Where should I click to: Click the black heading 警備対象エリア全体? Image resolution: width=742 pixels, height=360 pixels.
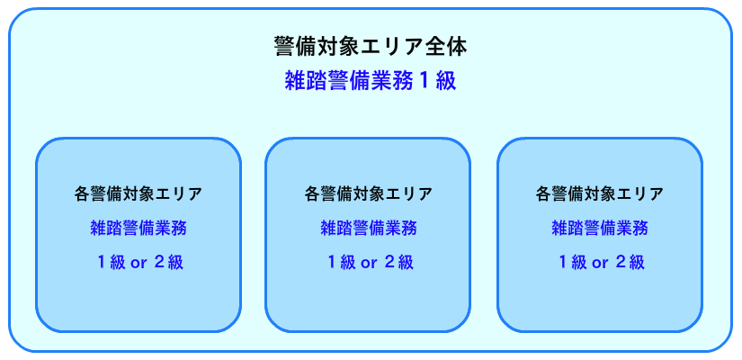(x=370, y=45)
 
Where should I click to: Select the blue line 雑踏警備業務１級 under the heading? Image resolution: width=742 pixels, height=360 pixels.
(x=370, y=80)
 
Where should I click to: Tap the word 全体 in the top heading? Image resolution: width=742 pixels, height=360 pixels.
(x=448, y=45)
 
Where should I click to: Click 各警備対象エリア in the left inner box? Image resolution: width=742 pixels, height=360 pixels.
(x=139, y=193)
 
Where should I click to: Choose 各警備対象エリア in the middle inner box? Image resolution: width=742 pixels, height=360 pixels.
(x=369, y=193)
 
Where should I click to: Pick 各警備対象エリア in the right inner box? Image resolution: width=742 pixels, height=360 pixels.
(x=600, y=193)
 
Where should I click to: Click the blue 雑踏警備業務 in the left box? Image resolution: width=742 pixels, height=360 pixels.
(x=139, y=228)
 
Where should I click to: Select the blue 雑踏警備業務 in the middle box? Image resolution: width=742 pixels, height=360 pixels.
(x=369, y=228)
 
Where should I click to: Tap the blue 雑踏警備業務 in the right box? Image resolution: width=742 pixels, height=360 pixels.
(x=600, y=228)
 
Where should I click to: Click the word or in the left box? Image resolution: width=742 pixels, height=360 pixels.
(x=139, y=263)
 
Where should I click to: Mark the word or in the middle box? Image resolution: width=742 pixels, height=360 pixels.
(x=369, y=263)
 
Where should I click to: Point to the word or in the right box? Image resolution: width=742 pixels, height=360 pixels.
(x=600, y=263)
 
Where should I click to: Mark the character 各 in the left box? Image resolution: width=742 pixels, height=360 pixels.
(x=83, y=193)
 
